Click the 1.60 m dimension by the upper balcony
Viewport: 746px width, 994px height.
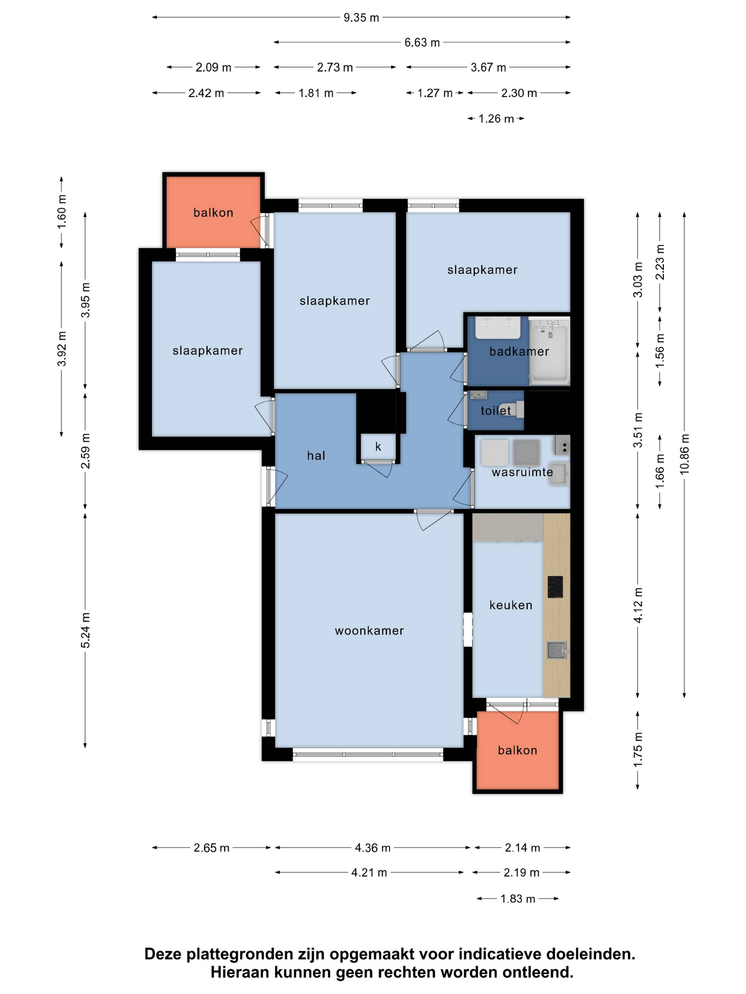click(62, 212)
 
